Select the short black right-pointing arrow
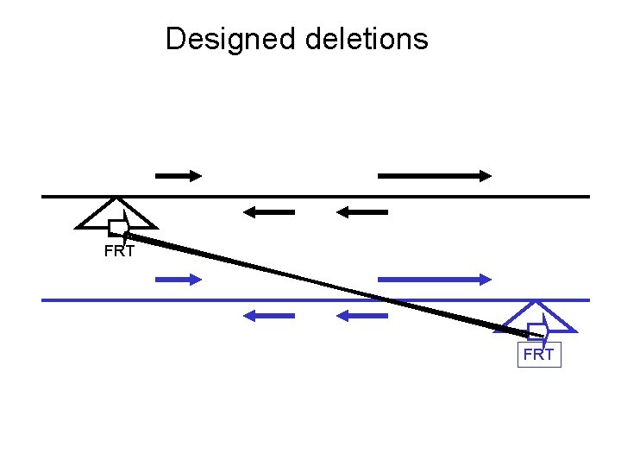point(178,175)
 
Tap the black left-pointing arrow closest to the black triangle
point(269,211)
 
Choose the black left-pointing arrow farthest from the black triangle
point(362,211)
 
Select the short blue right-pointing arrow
point(178,279)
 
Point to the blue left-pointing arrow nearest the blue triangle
point(362,316)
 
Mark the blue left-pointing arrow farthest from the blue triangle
point(269,316)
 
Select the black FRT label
point(119,252)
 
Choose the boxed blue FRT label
point(539,354)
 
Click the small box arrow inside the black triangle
point(118,227)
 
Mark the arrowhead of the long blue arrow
point(485,279)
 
